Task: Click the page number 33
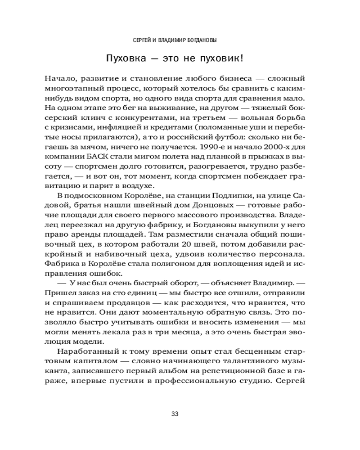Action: click(175, 414)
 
